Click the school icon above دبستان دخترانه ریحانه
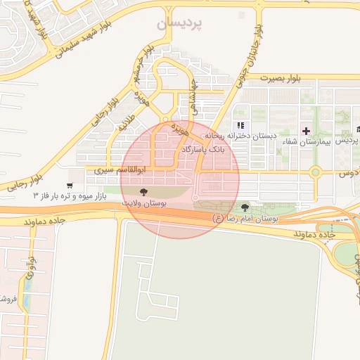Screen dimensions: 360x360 coord(240,125)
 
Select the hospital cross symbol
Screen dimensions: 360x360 coord(306,131)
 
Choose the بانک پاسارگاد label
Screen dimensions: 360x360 coord(204,150)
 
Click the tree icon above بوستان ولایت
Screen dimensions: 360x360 coord(143,191)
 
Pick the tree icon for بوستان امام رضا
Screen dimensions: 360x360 coord(245,207)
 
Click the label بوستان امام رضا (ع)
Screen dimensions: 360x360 coord(245,219)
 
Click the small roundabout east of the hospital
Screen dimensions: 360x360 coord(316,172)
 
